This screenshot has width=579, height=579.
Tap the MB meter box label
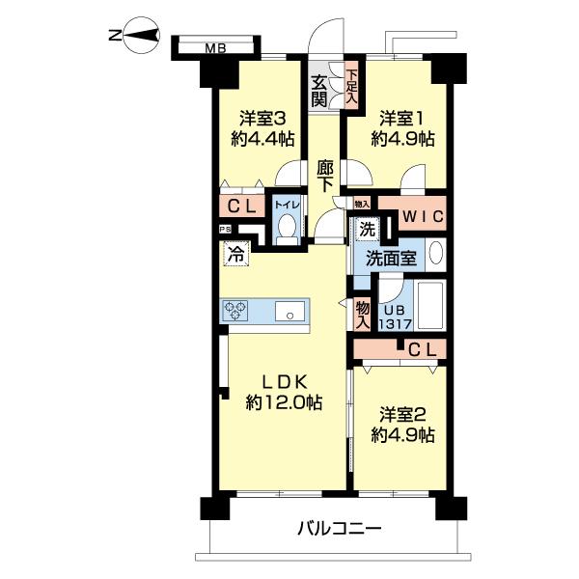[216, 48]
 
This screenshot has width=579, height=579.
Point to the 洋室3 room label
[262, 120]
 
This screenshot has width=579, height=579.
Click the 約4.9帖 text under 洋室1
[402, 139]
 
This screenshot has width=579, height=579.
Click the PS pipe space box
[225, 230]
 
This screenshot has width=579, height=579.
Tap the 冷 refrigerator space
[236, 254]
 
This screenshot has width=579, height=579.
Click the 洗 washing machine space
[367, 230]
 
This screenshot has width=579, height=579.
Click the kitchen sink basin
[290, 311]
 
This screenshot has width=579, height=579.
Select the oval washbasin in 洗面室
[436, 253]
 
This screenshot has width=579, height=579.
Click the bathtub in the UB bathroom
[429, 305]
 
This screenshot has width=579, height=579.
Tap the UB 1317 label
[396, 317]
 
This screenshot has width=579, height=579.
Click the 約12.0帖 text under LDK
[284, 402]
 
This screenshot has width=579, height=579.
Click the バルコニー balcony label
[340, 529]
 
